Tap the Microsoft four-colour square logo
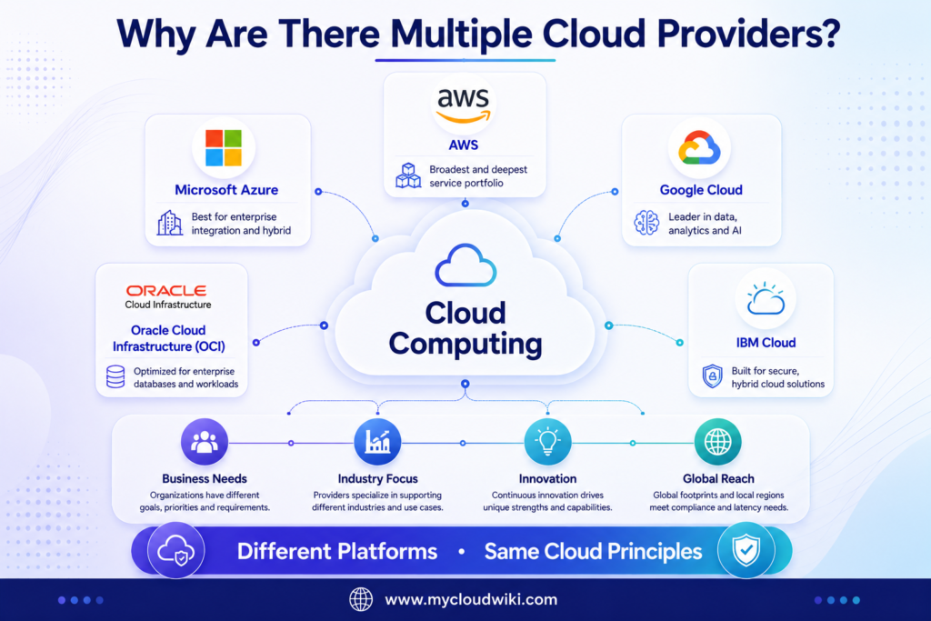[x=224, y=148]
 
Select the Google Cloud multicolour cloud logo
[x=699, y=147]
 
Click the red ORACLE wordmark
[x=166, y=290]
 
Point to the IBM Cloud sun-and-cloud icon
[x=766, y=298]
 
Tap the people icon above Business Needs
[x=205, y=442]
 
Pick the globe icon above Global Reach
[x=718, y=442]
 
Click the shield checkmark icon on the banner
[x=746, y=550]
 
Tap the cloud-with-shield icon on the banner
[x=175, y=550]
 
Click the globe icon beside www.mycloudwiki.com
[x=361, y=599]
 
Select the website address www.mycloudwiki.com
[x=472, y=599]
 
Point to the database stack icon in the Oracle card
[x=115, y=377]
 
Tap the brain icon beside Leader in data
[x=646, y=224]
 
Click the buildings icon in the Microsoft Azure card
[x=170, y=223]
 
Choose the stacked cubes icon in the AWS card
[x=408, y=175]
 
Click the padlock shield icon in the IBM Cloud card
[x=713, y=376]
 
